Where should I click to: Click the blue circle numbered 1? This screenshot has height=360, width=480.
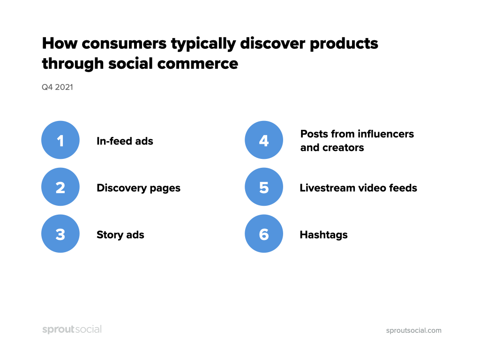[60, 140]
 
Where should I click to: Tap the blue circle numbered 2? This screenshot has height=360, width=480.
[60, 187]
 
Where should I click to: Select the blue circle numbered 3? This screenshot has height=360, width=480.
[60, 234]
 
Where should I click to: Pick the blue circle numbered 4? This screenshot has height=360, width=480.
[264, 140]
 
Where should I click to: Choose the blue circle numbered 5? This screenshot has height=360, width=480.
[264, 187]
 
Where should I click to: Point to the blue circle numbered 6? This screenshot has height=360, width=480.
[264, 234]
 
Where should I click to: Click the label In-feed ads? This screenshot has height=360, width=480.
[125, 141]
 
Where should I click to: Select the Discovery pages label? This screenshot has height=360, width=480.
[138, 188]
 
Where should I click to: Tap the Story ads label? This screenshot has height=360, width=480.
[120, 235]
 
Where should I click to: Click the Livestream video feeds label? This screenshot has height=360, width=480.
[358, 188]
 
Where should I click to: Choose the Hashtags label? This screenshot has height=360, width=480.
[323, 235]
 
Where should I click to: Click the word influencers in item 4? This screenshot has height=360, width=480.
[385, 134]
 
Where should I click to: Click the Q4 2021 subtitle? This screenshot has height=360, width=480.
[57, 87]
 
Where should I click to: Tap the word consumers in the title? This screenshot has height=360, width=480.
[124, 44]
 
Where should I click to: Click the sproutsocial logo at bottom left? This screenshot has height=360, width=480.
[72, 330]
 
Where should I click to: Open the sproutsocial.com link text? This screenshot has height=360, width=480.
[413, 330]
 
